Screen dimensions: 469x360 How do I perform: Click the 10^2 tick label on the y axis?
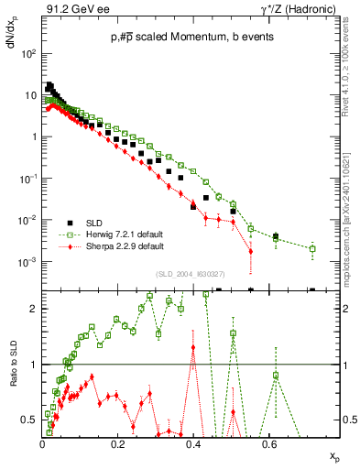[x=28, y=54]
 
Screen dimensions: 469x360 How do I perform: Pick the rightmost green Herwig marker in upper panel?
[x=312, y=248]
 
